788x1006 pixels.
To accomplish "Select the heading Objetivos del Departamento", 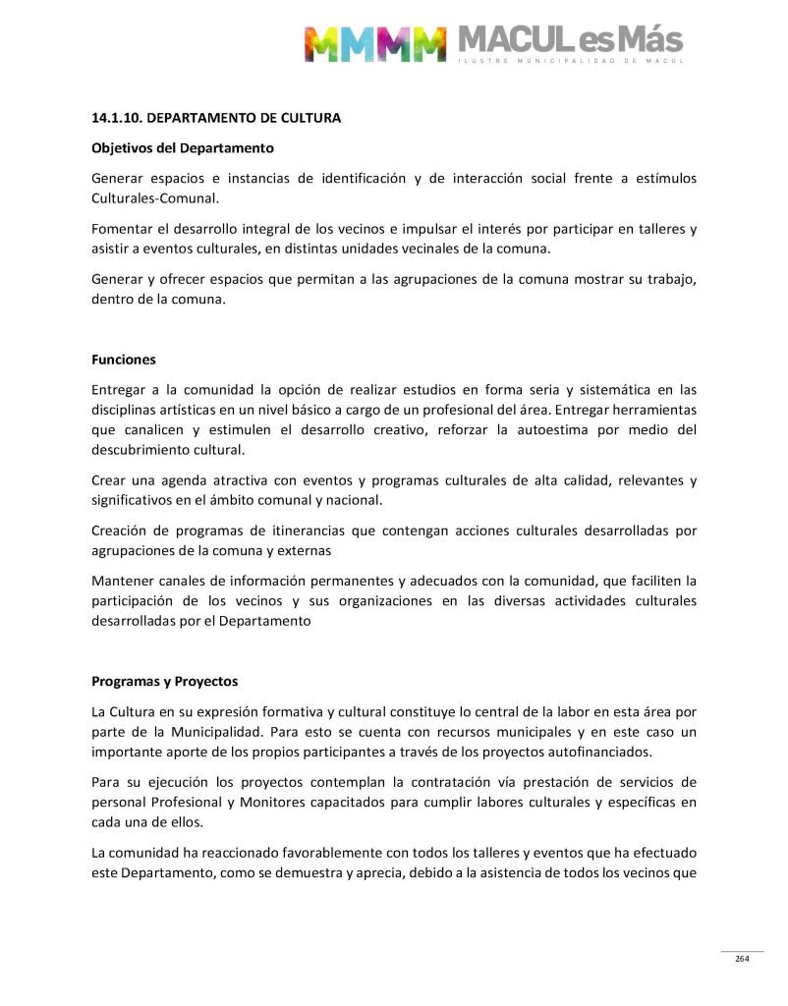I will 182,148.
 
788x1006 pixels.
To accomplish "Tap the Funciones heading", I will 124,360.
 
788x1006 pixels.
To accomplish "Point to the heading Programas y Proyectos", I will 164,681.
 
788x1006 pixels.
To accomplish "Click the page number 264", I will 742,959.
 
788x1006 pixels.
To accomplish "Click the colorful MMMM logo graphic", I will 374,44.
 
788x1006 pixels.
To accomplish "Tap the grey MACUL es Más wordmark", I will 570,41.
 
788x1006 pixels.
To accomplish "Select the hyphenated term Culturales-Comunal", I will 155,197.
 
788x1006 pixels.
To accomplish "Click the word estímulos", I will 665,178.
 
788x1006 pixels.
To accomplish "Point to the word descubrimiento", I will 143,450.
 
